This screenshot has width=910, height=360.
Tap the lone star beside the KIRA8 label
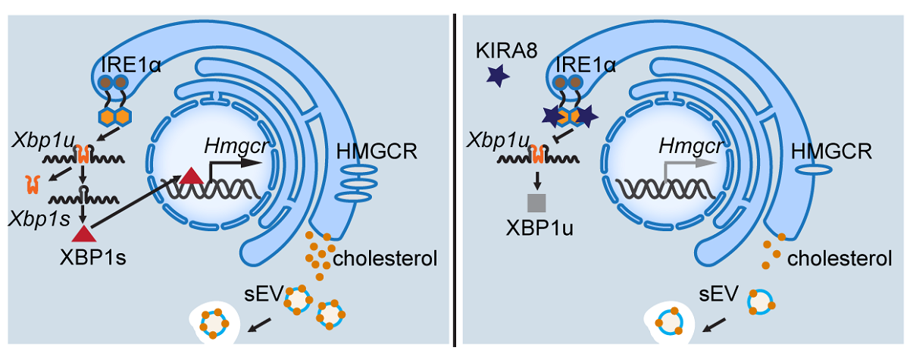(x=498, y=77)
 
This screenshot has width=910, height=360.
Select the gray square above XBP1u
(x=537, y=202)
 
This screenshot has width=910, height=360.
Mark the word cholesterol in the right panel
(x=839, y=259)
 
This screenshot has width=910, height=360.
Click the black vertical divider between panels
(x=455, y=180)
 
